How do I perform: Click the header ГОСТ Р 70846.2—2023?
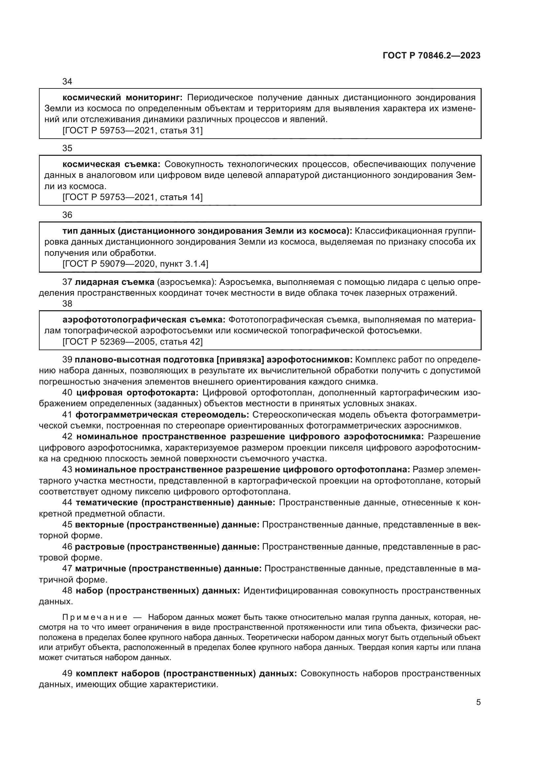point(431,56)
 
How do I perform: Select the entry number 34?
point(67,82)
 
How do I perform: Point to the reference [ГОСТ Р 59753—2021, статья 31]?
point(132,130)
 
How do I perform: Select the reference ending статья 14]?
point(132,197)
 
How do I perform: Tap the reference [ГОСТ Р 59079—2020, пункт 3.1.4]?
point(135,264)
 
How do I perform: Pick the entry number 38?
point(67,304)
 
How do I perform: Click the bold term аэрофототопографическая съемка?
point(144,319)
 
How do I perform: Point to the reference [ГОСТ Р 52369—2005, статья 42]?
point(132,342)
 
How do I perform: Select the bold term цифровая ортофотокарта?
point(137,392)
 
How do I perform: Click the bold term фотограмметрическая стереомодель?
point(162,415)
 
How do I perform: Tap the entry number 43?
point(67,469)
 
